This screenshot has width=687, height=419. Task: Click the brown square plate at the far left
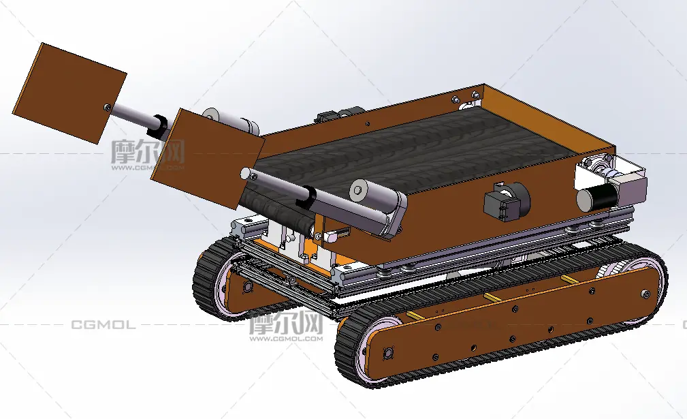70,93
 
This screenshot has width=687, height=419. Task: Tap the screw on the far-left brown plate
108,108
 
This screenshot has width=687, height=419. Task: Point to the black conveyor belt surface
412,149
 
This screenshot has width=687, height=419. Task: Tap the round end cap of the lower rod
246,174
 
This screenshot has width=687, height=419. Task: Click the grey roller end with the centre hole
359,190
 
